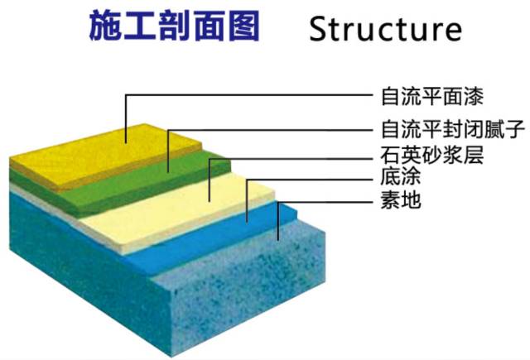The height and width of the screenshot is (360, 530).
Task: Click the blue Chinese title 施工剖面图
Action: (x=174, y=26)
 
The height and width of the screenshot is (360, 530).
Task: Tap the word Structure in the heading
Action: (x=384, y=28)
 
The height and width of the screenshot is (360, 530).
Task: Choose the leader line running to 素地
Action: (x=331, y=200)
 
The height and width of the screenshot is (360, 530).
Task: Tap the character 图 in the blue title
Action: (x=241, y=26)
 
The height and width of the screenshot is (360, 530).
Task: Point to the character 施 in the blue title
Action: (x=106, y=26)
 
